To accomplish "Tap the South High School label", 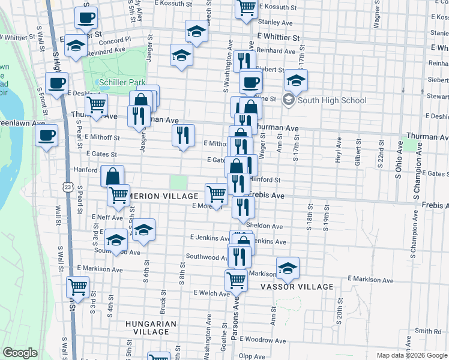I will point(332,100).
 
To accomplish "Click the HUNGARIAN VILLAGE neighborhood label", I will point(151,328).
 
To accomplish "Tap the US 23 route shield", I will point(68,187).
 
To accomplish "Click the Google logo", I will point(20,353).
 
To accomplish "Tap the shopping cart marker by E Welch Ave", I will point(236,279).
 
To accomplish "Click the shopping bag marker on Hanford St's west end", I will point(112,176).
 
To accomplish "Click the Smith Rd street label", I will point(429,331).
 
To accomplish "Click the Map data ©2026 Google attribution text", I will point(412,355).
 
